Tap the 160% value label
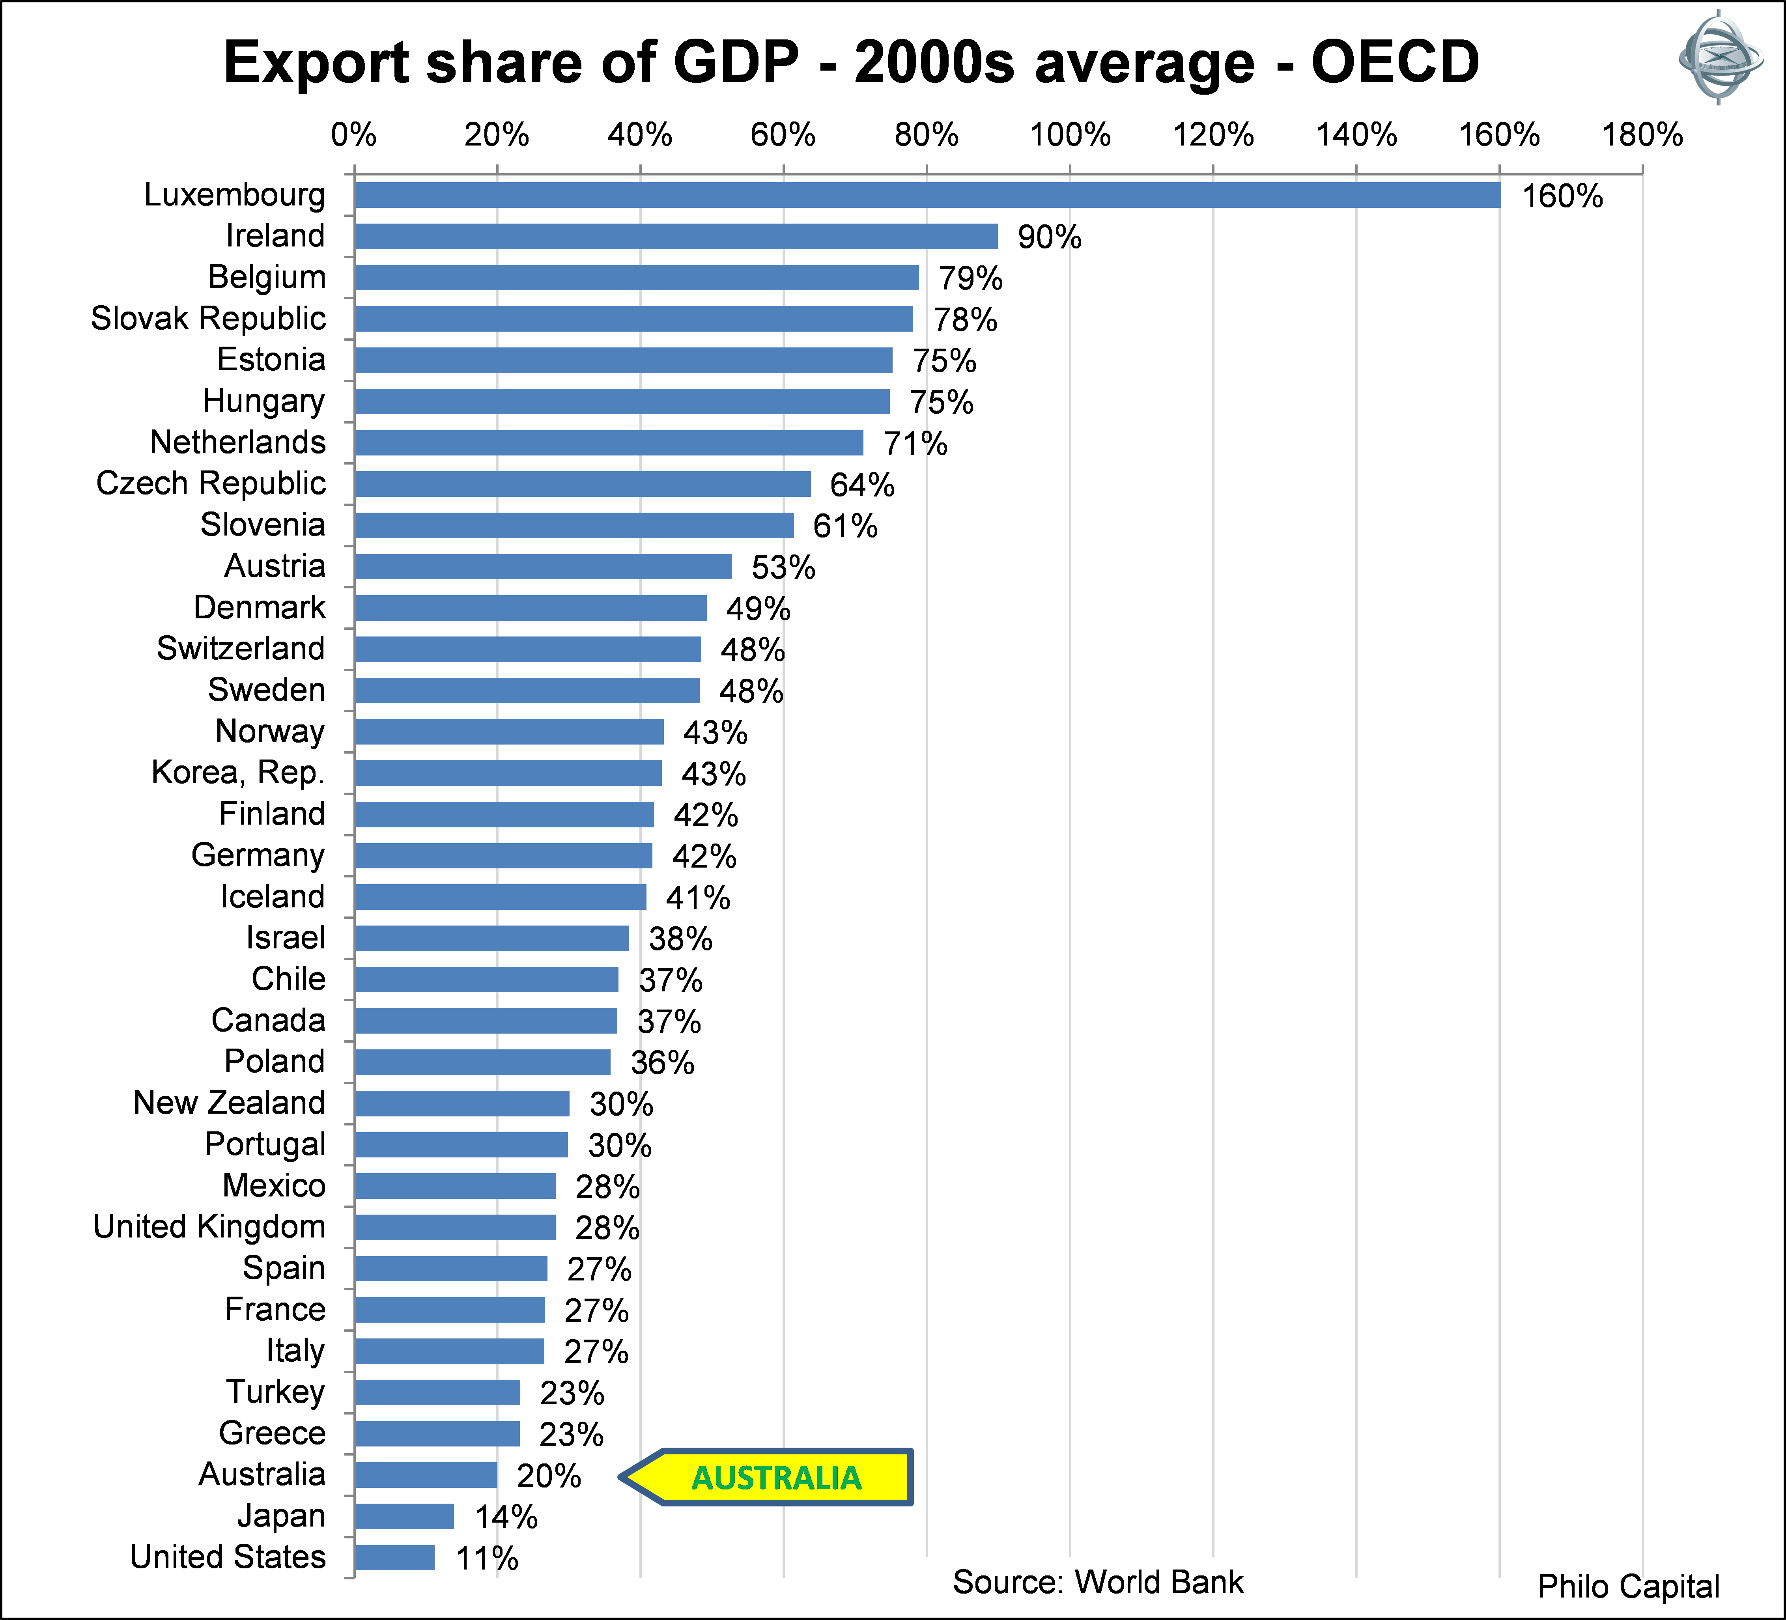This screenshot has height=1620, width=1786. tap(1562, 196)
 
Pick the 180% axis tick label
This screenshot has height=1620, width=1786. tap(1642, 134)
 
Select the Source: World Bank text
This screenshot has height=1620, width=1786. tap(1098, 1582)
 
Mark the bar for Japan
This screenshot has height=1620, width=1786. tap(404, 1516)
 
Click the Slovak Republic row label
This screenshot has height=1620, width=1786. tap(208, 318)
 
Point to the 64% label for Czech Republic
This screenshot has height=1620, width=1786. tap(861, 485)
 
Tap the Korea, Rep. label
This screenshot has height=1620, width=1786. tap(237, 773)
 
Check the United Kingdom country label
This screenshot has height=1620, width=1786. tap(209, 1227)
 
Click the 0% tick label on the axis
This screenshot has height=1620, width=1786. tap(353, 134)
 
